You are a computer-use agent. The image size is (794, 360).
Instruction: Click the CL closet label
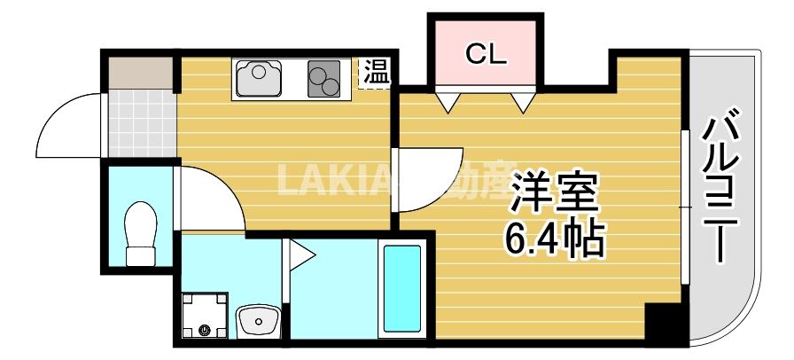pyautogui.click(x=486, y=55)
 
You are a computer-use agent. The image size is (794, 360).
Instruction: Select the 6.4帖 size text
pyautogui.click(x=556, y=238)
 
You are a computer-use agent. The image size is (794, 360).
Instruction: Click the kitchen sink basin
pyautogui.click(x=260, y=78)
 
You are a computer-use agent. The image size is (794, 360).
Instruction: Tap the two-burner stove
pyautogui.click(x=324, y=79)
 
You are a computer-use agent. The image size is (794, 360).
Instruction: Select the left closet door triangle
pyautogui.click(x=448, y=101)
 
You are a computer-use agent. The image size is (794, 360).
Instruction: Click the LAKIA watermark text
pyautogui.click(x=337, y=181)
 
